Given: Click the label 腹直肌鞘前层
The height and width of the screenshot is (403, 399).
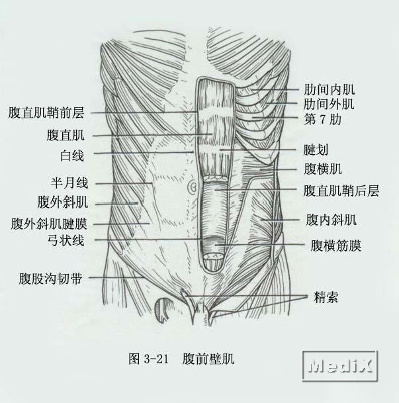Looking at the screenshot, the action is pyautogui.click(x=46, y=113).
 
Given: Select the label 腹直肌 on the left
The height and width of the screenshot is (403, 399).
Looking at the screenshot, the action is pyautogui.click(x=66, y=135).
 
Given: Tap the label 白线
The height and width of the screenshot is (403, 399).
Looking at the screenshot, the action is pyautogui.click(x=72, y=156).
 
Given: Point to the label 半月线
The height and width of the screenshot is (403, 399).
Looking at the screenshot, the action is pyautogui.click(x=69, y=183).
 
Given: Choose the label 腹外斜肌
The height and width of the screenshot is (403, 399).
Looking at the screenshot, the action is pyautogui.click(x=63, y=202).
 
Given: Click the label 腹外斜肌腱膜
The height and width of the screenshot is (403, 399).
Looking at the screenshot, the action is pyautogui.click(x=49, y=224).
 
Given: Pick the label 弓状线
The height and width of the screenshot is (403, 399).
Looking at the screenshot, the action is pyautogui.click(x=66, y=241).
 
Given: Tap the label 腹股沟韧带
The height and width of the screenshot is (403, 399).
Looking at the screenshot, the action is pyautogui.click(x=50, y=279).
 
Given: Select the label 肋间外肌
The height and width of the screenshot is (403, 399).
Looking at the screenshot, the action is pyautogui.click(x=329, y=104).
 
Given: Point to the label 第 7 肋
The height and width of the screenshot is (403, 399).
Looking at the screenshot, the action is pyautogui.click(x=323, y=120).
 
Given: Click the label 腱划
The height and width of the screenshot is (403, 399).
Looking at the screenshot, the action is pyautogui.click(x=316, y=150).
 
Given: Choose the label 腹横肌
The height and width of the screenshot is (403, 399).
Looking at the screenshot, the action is pyautogui.click(x=323, y=169).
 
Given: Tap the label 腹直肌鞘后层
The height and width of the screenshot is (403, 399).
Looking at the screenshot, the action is pyautogui.click(x=341, y=191).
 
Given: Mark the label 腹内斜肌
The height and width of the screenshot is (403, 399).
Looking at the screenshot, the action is pyautogui.click(x=331, y=220).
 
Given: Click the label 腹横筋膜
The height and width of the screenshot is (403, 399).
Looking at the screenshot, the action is pyautogui.click(x=336, y=246).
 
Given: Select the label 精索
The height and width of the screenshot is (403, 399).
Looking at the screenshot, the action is pyautogui.click(x=326, y=297).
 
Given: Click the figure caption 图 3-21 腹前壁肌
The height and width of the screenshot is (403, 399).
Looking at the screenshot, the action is pyautogui.click(x=181, y=358).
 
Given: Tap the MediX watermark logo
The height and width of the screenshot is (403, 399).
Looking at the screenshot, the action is pyautogui.click(x=340, y=365).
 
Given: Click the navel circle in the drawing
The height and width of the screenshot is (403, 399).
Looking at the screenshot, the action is pyautogui.click(x=193, y=187).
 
